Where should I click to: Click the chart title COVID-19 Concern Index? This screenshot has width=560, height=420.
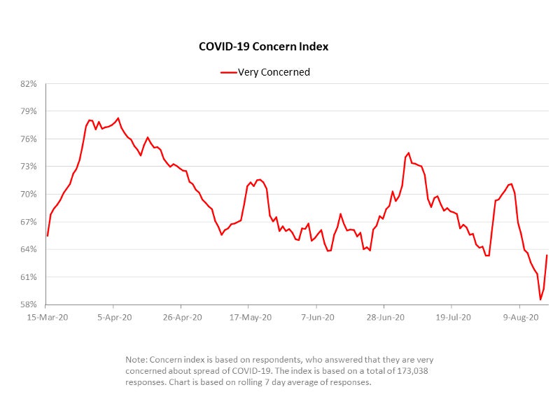pyautogui.click(x=263, y=47)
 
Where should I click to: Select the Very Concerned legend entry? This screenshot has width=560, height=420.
pyautogui.click(x=266, y=72)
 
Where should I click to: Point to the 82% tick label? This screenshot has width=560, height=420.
pyautogui.click(x=29, y=84)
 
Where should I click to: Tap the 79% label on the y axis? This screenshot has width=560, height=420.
pyautogui.click(x=29, y=111)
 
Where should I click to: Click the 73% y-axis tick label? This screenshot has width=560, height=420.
pyautogui.click(x=29, y=167)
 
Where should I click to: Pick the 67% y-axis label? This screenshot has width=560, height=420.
pyautogui.click(x=29, y=222)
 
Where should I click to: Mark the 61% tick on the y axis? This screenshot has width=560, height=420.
pyautogui.click(x=29, y=277)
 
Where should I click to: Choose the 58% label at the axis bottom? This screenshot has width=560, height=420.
pyautogui.click(x=29, y=304)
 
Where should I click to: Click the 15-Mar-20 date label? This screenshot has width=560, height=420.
pyautogui.click(x=45, y=318)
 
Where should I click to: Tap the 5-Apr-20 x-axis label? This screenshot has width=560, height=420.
pyautogui.click(x=114, y=318)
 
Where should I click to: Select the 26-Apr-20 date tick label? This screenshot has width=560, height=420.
pyautogui.click(x=181, y=318)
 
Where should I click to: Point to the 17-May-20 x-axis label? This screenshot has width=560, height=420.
pyautogui.click(x=248, y=318)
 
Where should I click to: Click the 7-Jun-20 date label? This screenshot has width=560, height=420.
pyautogui.click(x=316, y=318)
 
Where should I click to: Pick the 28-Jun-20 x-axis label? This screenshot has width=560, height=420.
pyautogui.click(x=384, y=318)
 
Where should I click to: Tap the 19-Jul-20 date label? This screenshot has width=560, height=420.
pyautogui.click(x=451, y=318)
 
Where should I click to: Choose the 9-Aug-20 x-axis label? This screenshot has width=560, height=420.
pyautogui.click(x=519, y=318)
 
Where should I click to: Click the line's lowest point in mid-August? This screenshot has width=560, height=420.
pyautogui.click(x=540, y=300)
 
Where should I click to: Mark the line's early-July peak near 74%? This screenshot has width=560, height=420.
pyautogui.click(x=409, y=153)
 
